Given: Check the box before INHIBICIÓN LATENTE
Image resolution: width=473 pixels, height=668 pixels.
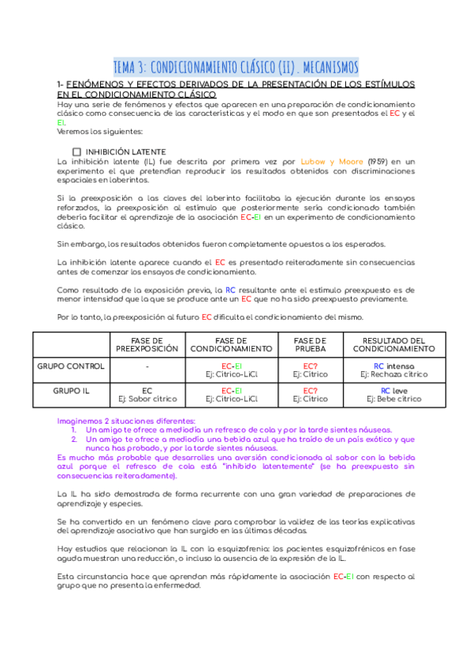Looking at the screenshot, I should (x=76, y=151).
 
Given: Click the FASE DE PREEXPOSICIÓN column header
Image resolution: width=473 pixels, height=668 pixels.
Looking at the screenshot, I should (x=147, y=343).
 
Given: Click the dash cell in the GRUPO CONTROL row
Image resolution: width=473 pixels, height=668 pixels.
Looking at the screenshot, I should (x=147, y=366).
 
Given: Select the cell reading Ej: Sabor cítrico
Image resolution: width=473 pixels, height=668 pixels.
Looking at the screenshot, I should (x=147, y=399).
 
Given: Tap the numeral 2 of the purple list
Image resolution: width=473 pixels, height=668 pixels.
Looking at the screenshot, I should (x=73, y=440).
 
